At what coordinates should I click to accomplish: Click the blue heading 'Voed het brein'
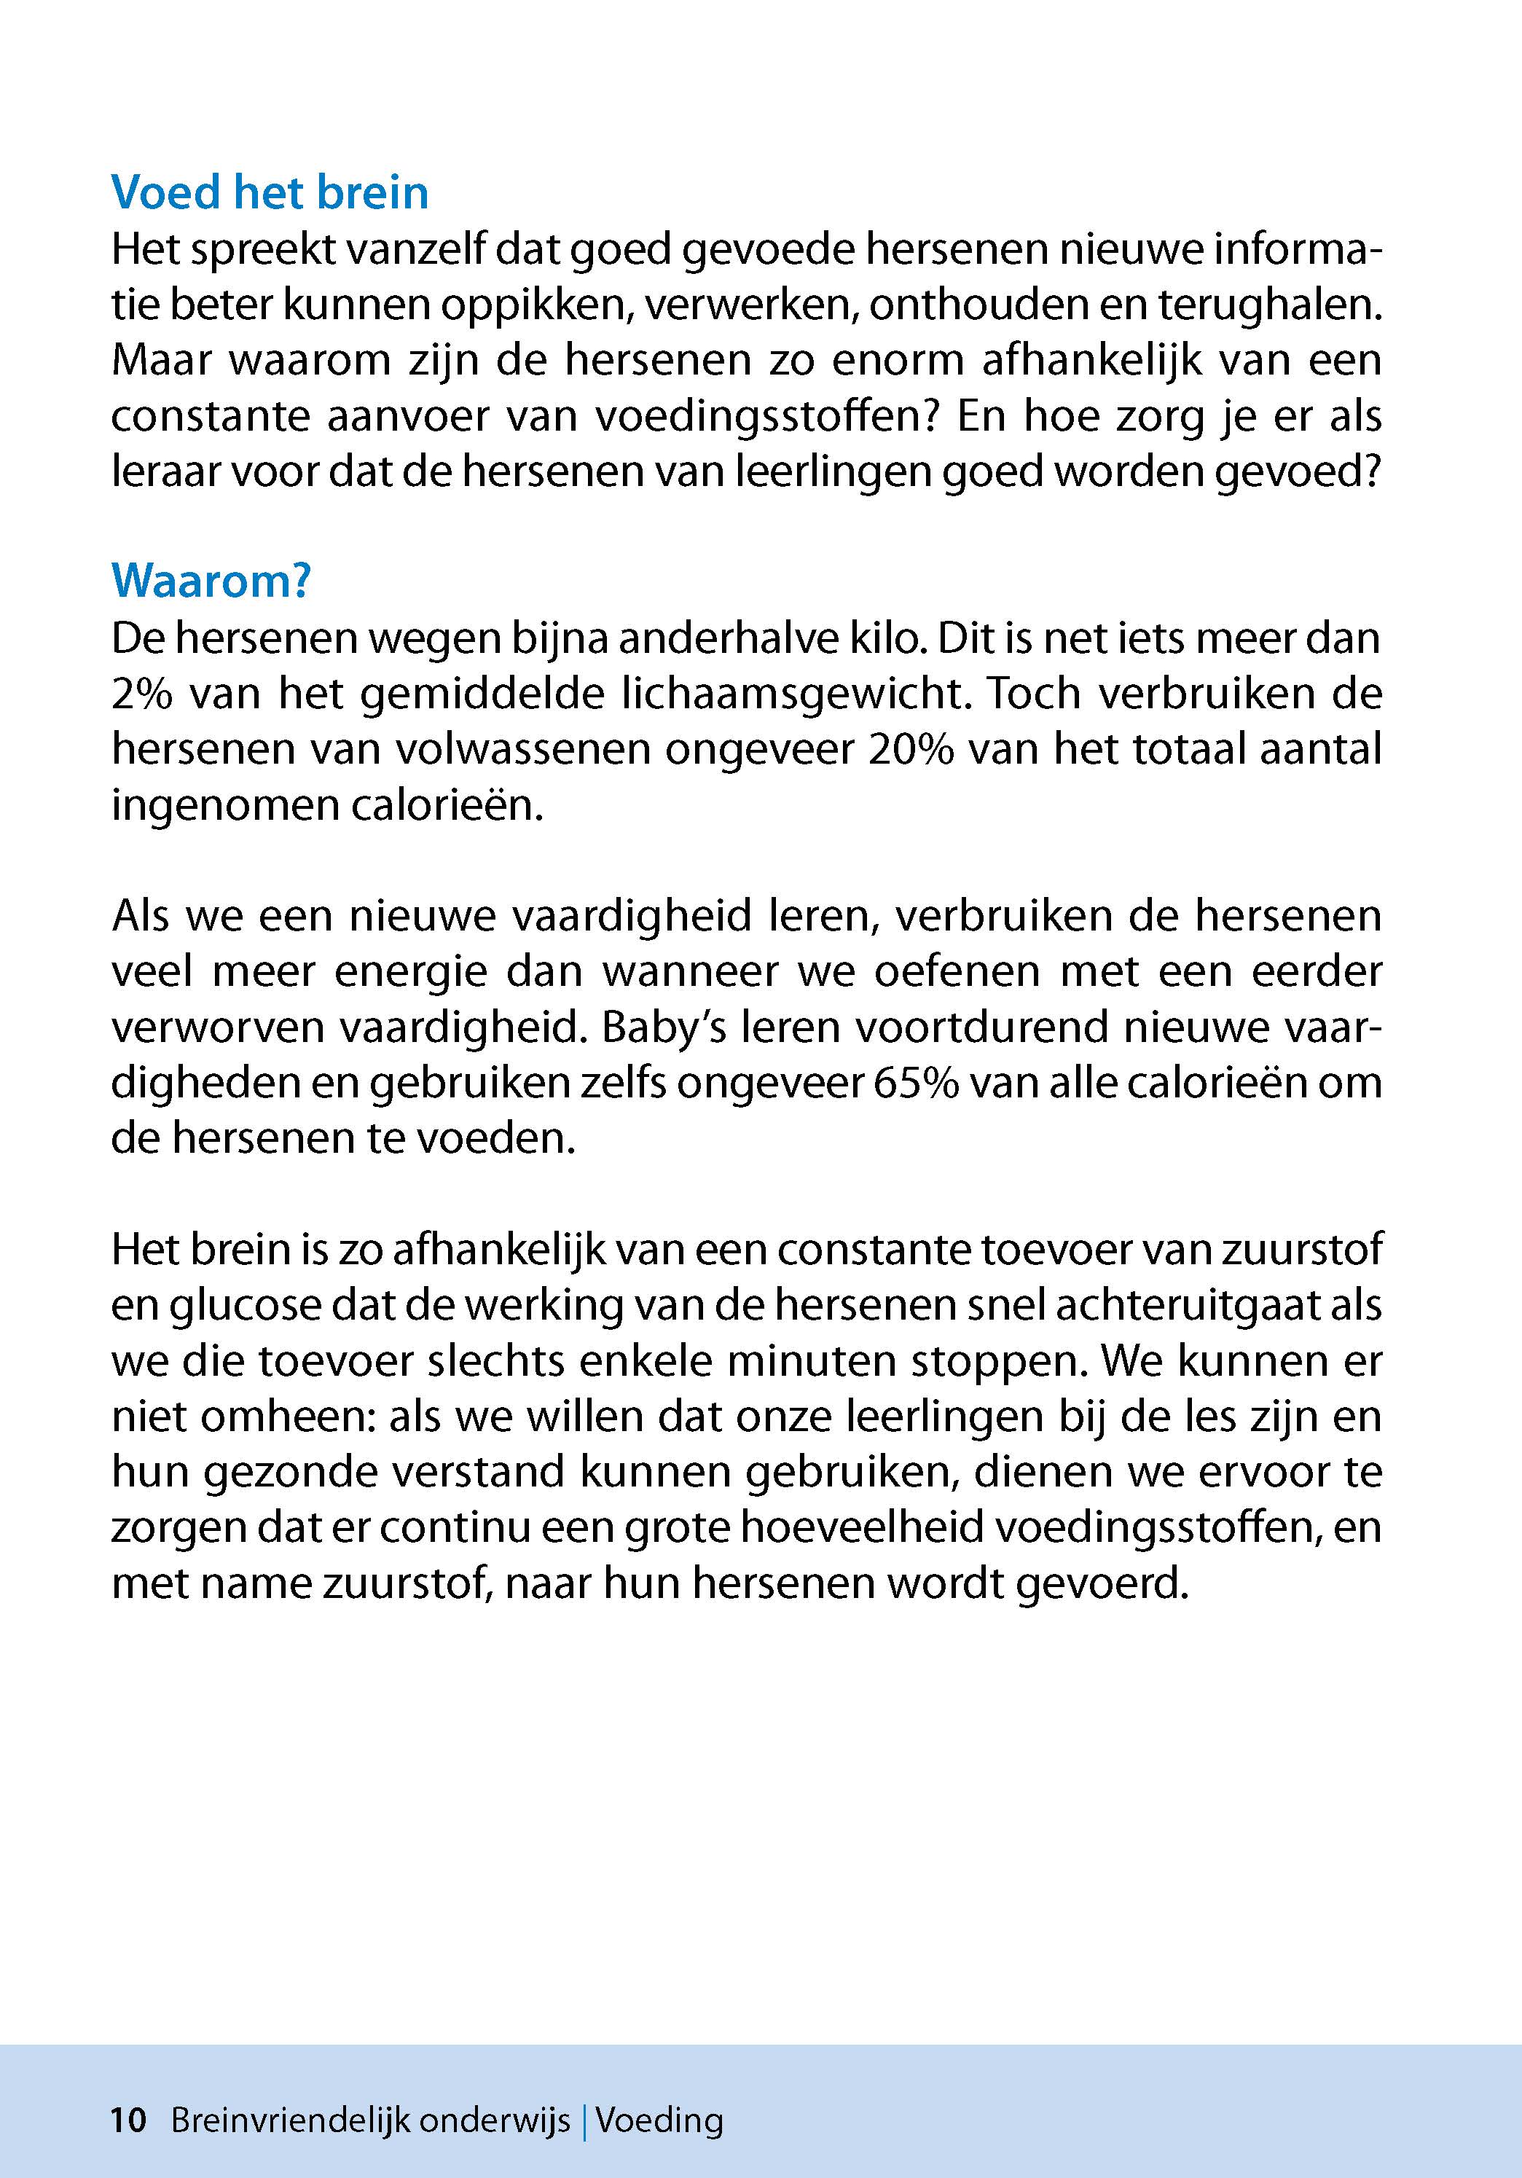[270, 192]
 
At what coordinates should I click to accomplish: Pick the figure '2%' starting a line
[139, 694]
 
